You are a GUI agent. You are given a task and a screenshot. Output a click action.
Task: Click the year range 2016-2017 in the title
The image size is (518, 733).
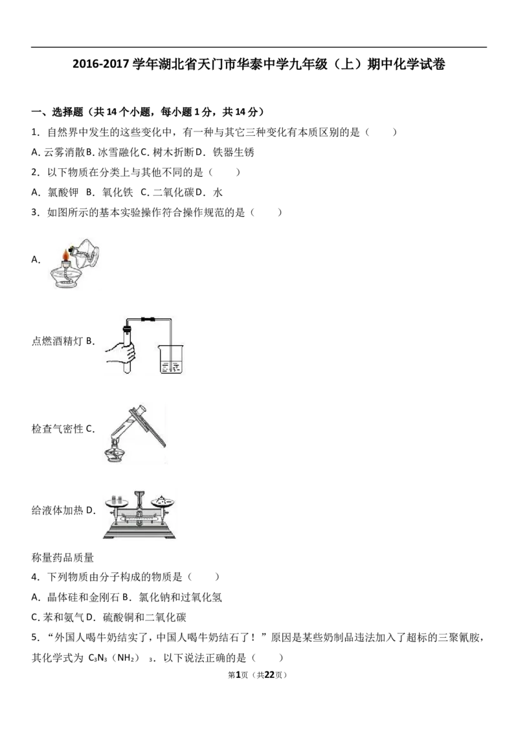[100, 64]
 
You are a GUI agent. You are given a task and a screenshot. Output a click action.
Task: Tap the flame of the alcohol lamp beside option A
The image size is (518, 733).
[67, 255]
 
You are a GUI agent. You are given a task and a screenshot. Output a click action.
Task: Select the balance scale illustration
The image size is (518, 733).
[139, 515]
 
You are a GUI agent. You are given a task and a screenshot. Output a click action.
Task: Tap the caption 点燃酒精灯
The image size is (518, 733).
[57, 341]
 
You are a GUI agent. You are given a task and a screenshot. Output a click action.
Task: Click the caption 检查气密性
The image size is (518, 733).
[57, 429]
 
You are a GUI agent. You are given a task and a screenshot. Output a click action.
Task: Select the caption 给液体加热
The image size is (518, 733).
[57, 510]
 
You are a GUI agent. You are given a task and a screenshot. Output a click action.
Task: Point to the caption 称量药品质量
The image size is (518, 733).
[63, 558]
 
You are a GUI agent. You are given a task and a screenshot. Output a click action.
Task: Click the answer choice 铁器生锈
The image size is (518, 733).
[233, 152]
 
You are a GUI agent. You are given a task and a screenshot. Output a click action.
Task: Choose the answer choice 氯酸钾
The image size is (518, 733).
[63, 192]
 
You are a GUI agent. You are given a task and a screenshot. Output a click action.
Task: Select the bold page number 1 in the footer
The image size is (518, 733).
[238, 675]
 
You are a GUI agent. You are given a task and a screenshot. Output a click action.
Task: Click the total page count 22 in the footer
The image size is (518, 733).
[269, 675]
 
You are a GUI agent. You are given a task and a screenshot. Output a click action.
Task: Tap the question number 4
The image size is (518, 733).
[34, 578]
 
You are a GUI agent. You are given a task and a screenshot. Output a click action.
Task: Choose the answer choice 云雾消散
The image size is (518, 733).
[65, 152]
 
